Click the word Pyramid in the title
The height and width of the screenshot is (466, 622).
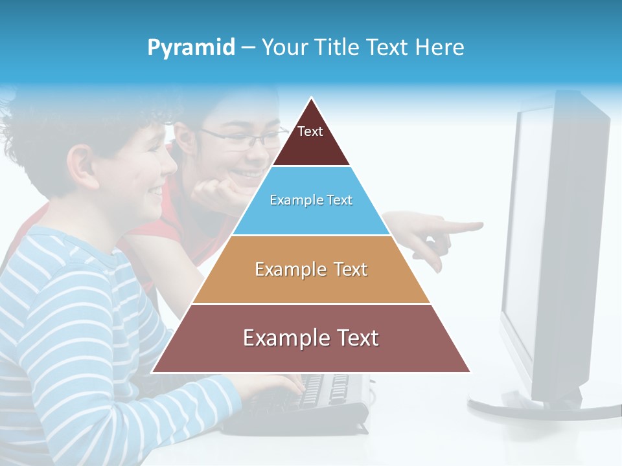(190, 48)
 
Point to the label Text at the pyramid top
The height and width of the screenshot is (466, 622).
(310, 131)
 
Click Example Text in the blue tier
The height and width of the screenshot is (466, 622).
(311, 200)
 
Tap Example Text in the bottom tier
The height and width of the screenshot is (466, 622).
(311, 338)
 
